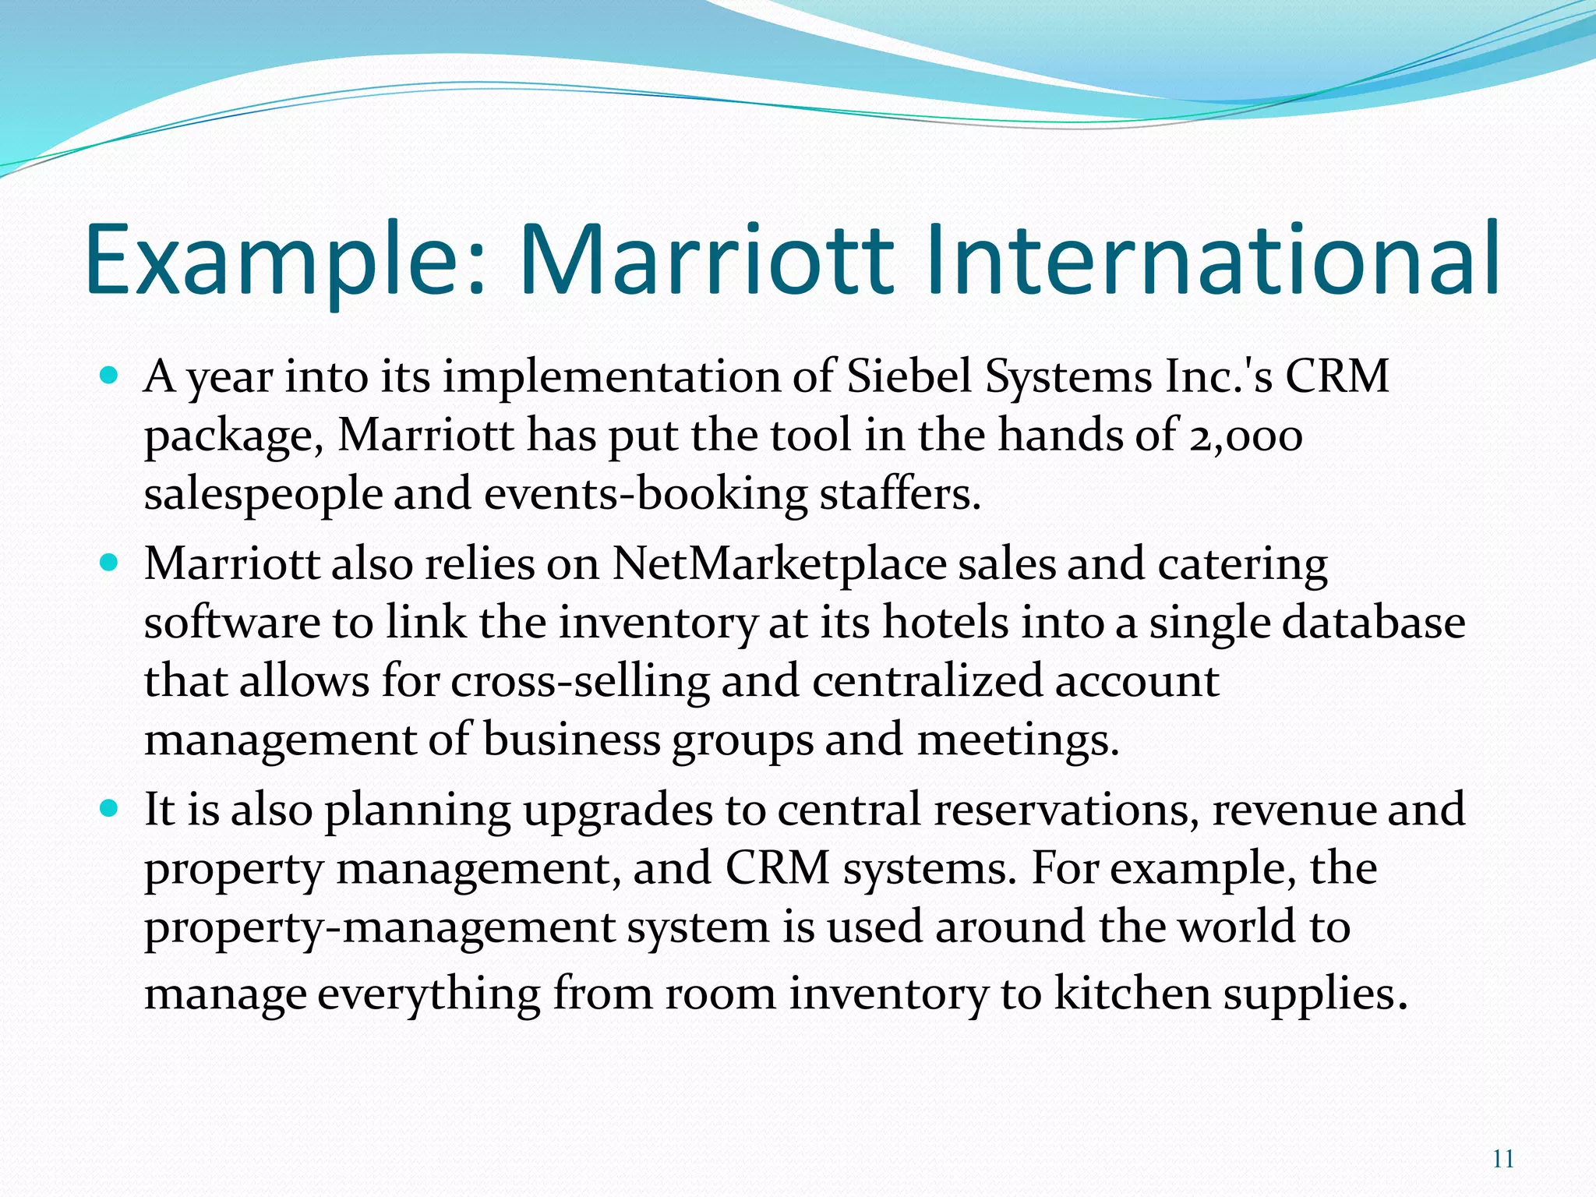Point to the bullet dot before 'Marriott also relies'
pyautogui.click(x=109, y=563)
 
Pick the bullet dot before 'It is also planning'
pyautogui.click(x=109, y=808)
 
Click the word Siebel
pyautogui.click(x=909, y=377)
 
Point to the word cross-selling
pyautogui.click(x=580, y=681)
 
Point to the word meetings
pyautogui.click(x=1017, y=740)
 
